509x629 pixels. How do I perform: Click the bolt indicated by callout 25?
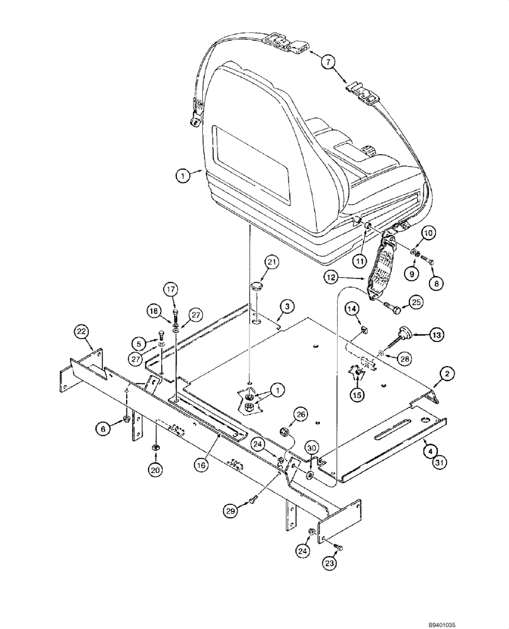pyautogui.click(x=391, y=308)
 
